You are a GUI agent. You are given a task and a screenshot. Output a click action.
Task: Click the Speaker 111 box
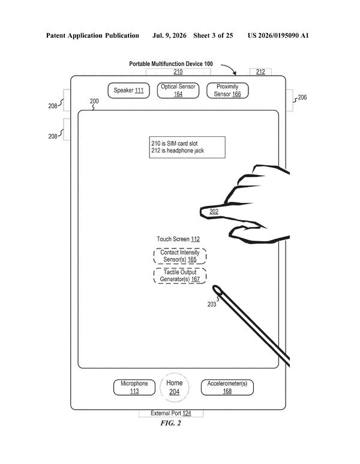128,91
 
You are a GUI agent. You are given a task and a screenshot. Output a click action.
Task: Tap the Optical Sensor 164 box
178,91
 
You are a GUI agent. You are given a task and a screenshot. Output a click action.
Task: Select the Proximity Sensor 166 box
227,91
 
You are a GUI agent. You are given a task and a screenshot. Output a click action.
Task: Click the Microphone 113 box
134,387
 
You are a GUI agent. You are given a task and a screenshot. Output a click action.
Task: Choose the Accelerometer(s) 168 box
227,387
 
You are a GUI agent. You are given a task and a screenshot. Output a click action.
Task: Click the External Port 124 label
171,413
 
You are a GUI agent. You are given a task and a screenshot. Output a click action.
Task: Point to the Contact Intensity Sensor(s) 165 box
180,256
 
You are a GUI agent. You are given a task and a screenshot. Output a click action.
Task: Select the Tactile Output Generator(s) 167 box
180,276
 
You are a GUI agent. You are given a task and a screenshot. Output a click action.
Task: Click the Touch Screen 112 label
178,239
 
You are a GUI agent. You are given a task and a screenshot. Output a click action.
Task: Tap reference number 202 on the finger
214,211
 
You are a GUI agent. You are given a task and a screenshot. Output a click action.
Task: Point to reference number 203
212,304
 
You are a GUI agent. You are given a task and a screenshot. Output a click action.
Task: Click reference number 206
302,97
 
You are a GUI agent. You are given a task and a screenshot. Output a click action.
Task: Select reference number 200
94,101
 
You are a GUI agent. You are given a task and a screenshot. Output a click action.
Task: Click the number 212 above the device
260,72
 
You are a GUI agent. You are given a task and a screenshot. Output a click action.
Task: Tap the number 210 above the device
178,72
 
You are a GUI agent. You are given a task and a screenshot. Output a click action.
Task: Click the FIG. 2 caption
170,423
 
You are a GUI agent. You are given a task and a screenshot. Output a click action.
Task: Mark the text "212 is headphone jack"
178,151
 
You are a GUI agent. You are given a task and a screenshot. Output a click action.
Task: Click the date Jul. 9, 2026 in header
169,36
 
